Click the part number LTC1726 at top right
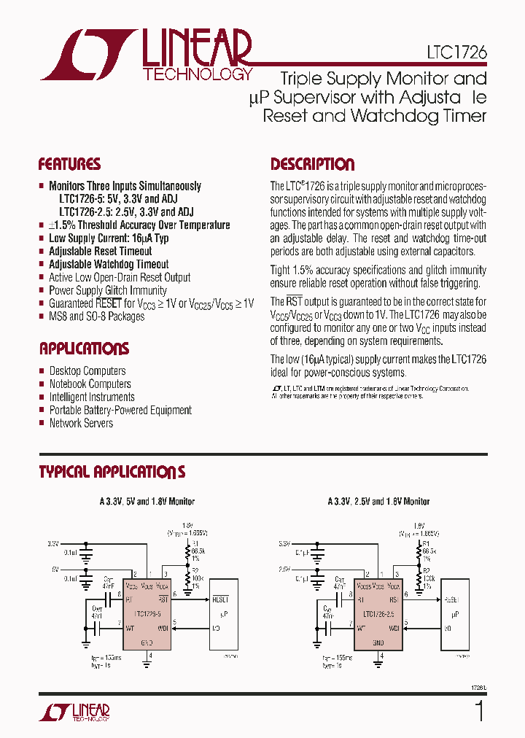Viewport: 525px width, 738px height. [x=457, y=53]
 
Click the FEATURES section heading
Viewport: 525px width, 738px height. [x=69, y=164]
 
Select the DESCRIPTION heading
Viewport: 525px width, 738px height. [x=312, y=164]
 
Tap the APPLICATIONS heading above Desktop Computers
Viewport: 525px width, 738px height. [x=84, y=349]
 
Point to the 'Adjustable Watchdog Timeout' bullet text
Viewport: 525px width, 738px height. [x=109, y=264]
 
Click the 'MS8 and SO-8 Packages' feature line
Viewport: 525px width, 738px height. [x=96, y=316]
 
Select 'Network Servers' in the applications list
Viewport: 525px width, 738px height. [x=81, y=423]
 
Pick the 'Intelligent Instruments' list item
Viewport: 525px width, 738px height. [x=91, y=397]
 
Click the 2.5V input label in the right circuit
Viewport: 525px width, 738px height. [x=283, y=568]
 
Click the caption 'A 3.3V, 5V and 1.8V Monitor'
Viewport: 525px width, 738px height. [x=147, y=502]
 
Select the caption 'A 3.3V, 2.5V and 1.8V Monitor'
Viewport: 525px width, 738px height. [x=378, y=502]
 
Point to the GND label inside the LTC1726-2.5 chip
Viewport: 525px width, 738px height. [x=378, y=642]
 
